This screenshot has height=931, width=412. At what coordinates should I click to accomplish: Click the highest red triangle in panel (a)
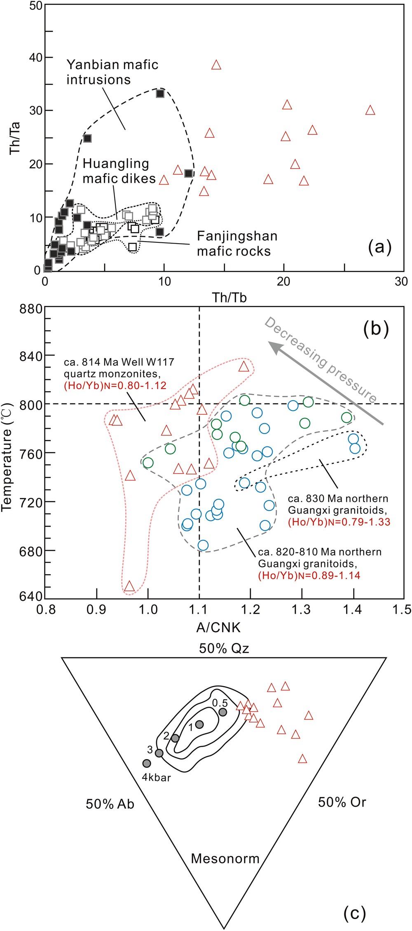click(x=216, y=65)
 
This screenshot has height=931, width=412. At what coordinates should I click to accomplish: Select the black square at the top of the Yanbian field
click(x=160, y=94)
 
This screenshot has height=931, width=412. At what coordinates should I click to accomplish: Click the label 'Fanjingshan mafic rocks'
click(x=237, y=244)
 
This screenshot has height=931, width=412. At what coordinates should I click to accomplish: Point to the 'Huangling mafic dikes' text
click(x=119, y=171)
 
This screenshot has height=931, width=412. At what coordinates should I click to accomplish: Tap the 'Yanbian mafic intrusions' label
click(x=112, y=72)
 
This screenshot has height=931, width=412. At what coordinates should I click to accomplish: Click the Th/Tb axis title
click(x=229, y=297)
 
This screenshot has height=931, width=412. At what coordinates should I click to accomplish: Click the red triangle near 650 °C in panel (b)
click(x=130, y=586)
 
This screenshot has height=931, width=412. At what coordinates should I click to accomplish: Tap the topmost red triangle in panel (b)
click(x=244, y=366)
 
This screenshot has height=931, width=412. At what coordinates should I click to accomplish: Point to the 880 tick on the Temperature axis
click(x=31, y=309)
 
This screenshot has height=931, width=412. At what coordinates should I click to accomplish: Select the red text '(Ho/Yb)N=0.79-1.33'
click(x=339, y=522)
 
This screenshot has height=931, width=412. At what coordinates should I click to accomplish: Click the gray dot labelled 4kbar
click(x=147, y=763)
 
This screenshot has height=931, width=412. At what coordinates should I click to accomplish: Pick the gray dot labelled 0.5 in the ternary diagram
click(x=223, y=712)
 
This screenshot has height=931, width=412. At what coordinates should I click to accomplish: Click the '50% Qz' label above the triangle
click(x=224, y=649)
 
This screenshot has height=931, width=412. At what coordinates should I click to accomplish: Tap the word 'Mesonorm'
click(x=225, y=858)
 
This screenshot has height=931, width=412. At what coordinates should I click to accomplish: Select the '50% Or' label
click(x=342, y=802)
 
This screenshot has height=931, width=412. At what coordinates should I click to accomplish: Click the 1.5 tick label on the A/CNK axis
click(x=402, y=610)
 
